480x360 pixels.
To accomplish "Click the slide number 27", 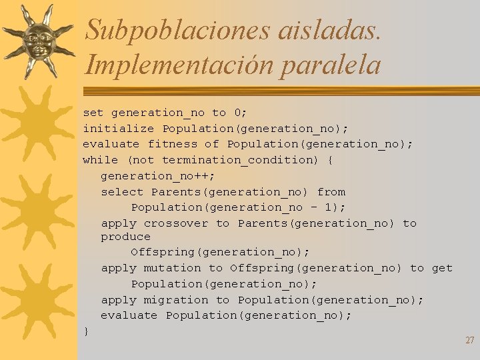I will click(x=469, y=340).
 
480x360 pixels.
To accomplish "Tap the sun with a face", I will click(x=38, y=40).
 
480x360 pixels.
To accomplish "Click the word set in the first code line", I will click(x=93, y=113).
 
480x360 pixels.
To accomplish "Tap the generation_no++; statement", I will click(x=158, y=176).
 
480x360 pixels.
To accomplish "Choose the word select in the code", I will click(x=122, y=192).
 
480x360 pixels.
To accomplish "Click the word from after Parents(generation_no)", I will click(x=331, y=192).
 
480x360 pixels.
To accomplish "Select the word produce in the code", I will click(x=126, y=237).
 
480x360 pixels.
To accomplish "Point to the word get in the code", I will click(x=442, y=268).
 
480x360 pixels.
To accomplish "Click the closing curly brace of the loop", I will click(x=86, y=331).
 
